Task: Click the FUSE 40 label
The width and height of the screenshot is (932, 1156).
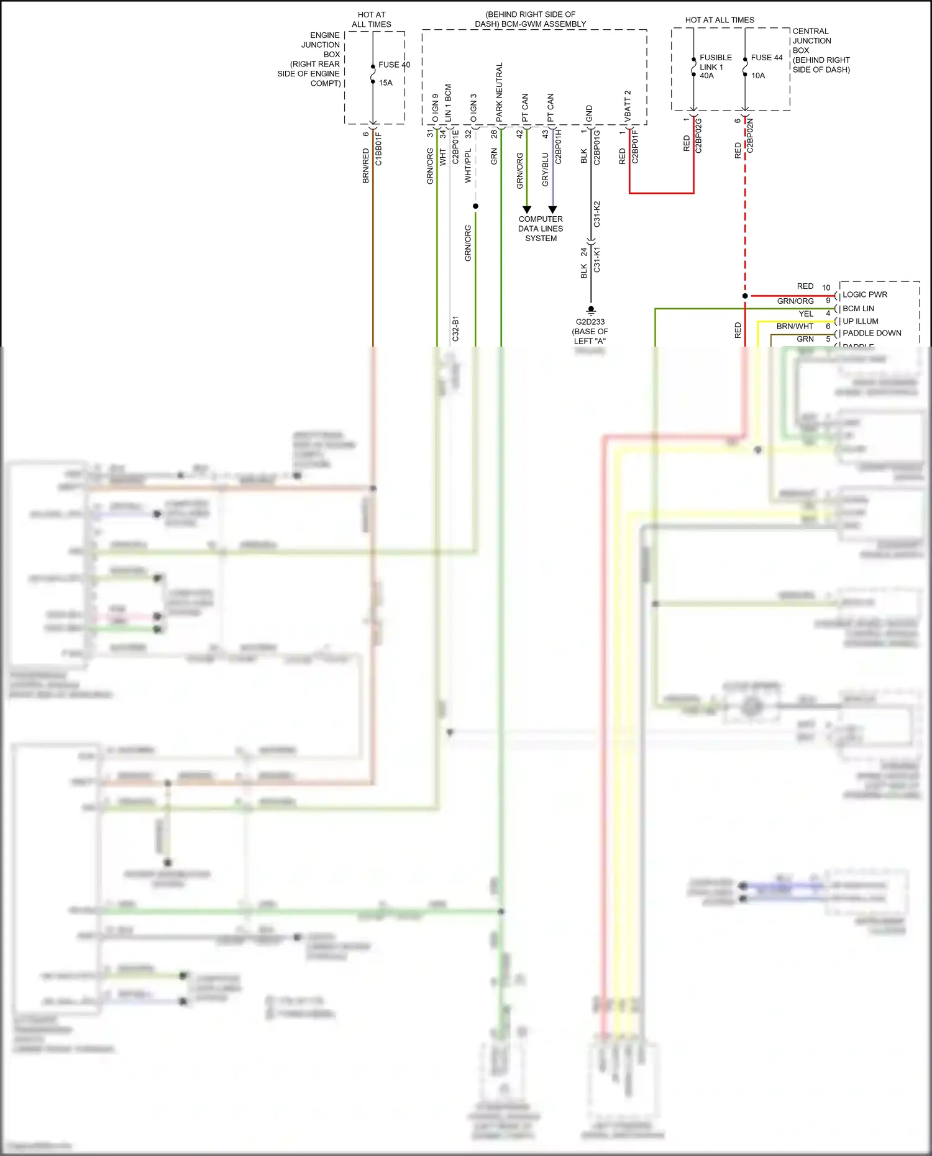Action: click(x=394, y=65)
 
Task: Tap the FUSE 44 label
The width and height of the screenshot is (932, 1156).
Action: click(x=767, y=58)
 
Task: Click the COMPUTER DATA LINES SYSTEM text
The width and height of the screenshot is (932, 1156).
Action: click(x=541, y=229)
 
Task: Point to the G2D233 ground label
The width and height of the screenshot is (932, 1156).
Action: click(x=590, y=322)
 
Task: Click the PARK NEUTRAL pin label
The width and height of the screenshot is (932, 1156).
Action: click(x=500, y=92)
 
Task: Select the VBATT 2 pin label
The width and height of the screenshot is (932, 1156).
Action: click(x=628, y=106)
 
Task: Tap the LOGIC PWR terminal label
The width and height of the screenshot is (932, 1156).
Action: click(x=864, y=294)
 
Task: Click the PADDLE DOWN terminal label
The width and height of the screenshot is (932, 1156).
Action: click(x=871, y=333)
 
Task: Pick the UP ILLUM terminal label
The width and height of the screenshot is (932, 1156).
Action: click(x=860, y=321)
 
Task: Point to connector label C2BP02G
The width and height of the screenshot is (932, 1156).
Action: click(x=698, y=136)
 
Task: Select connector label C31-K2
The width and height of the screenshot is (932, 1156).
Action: click(x=597, y=214)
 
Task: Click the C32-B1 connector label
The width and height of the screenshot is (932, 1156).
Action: click(x=455, y=329)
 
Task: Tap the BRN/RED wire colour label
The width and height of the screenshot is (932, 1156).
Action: click(x=366, y=165)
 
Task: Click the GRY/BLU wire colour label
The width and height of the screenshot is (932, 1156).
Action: click(x=546, y=170)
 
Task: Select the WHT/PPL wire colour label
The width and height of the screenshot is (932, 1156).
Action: click(x=468, y=165)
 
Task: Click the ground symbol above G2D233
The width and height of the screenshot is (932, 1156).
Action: click(x=591, y=310)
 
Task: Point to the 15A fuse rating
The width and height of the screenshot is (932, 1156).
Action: click(x=385, y=83)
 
